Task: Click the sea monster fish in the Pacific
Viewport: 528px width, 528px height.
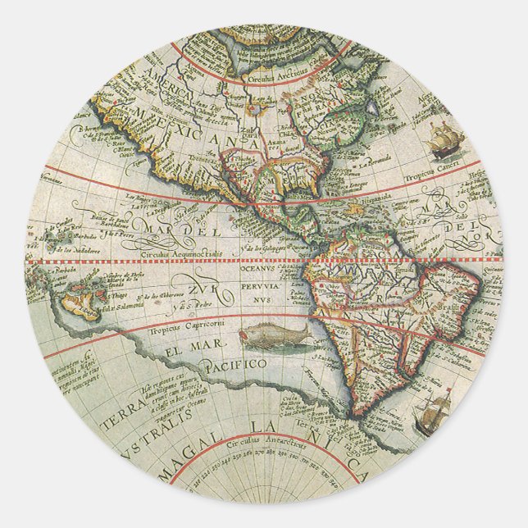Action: pyautogui.click(x=271, y=335)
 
